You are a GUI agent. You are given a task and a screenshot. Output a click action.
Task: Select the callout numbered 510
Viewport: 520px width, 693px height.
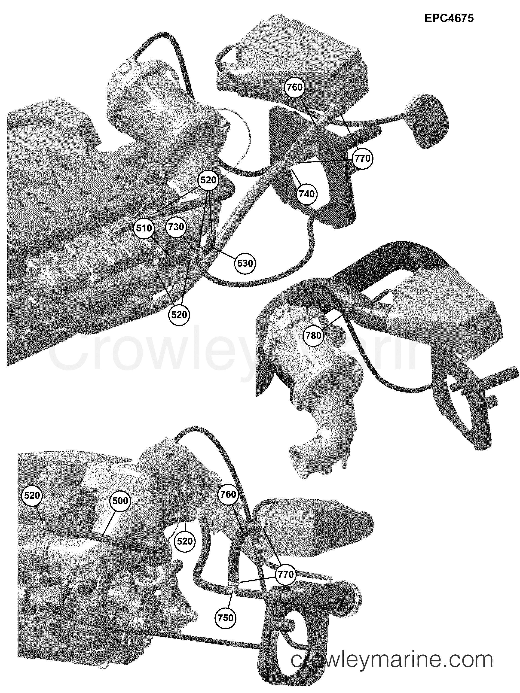coord(144,228)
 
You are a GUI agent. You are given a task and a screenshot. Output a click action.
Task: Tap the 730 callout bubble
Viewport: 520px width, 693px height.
coord(176,227)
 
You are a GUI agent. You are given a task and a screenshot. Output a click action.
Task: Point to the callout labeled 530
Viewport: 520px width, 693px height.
coord(245,263)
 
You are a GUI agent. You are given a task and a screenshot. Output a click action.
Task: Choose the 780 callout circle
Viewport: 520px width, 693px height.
coord(313,336)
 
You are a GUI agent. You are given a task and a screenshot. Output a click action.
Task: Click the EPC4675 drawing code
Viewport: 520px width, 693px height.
coord(449,18)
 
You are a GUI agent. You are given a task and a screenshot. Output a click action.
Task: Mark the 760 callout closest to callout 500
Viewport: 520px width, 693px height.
coord(228,494)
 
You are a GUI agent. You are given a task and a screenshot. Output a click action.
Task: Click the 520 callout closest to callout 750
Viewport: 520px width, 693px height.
coord(185,541)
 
